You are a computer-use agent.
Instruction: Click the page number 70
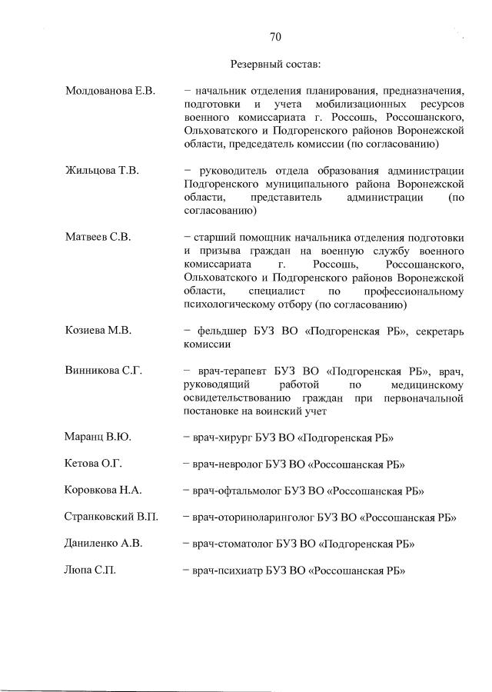(275, 36)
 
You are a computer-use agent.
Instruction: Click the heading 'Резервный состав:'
(275, 64)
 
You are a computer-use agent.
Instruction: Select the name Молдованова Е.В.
(111, 92)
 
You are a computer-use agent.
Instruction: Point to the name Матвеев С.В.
(98, 237)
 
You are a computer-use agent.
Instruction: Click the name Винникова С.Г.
(105, 371)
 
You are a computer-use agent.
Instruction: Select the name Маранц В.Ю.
(98, 437)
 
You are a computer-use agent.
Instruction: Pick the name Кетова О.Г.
(94, 464)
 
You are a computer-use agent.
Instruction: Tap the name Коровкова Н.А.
(104, 490)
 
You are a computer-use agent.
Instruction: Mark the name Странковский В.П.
(112, 517)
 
